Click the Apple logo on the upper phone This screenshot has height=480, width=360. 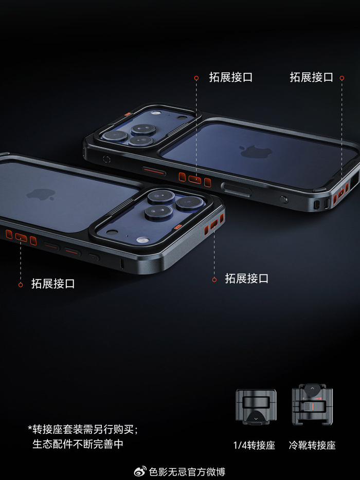(x=256, y=152)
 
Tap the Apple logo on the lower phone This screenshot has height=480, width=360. (x=41, y=194)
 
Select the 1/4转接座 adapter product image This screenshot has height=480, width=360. (x=256, y=407)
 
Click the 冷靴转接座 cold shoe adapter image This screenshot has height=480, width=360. (x=312, y=404)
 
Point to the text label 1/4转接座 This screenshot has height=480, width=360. (x=254, y=445)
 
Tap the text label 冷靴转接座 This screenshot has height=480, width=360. (x=312, y=445)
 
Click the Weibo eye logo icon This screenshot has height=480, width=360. (x=140, y=471)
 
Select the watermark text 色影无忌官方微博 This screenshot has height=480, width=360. (x=187, y=472)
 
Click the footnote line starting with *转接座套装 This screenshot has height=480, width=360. (x=83, y=429)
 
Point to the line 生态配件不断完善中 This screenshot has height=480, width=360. (x=78, y=444)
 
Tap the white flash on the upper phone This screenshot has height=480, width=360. (x=156, y=113)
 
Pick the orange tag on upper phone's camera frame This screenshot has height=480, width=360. (x=128, y=114)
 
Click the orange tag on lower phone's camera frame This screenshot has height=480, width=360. (x=178, y=227)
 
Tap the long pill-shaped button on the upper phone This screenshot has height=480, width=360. (x=237, y=190)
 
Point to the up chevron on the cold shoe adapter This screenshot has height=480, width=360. (x=312, y=388)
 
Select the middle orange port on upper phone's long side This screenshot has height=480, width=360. (x=194, y=179)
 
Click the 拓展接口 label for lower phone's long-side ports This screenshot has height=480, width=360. (x=53, y=284)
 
